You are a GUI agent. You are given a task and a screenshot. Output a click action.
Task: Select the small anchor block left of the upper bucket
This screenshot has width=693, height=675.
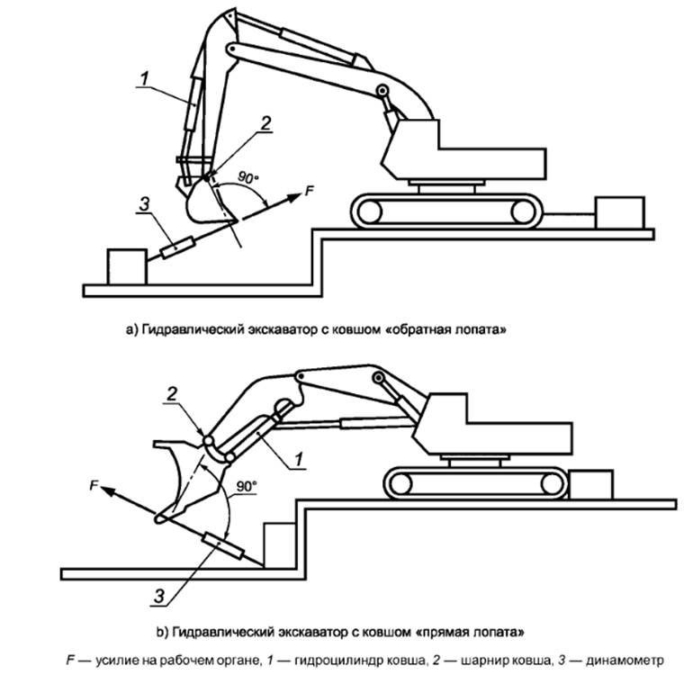[x=125, y=267]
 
